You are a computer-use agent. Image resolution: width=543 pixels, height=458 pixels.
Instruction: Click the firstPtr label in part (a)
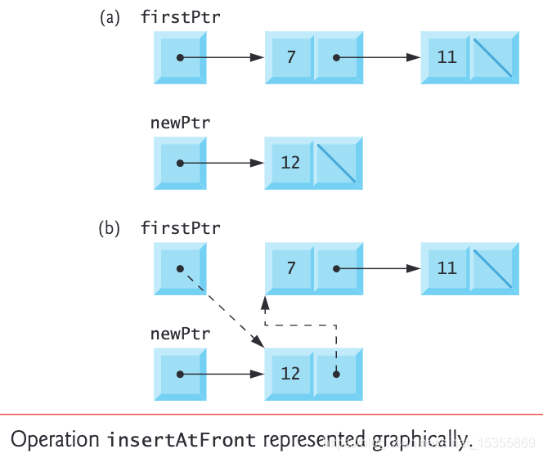(181, 17)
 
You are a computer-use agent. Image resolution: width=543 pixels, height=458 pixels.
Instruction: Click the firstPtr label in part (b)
(181, 228)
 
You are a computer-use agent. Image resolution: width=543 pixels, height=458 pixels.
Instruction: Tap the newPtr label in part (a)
(180, 123)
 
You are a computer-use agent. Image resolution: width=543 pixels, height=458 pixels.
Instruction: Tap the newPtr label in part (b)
(180, 334)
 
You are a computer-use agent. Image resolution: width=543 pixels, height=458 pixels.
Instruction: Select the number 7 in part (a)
(290, 58)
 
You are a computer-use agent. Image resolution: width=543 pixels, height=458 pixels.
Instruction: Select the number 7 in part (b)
(290, 268)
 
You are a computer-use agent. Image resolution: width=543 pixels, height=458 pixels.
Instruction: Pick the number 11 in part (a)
(447, 58)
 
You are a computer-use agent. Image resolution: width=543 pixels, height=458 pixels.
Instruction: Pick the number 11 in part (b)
(447, 268)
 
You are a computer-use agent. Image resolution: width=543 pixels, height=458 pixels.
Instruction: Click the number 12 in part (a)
(290, 163)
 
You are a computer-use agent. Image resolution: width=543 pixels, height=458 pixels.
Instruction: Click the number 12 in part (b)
(290, 374)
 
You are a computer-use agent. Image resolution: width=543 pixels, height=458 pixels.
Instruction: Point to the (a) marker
(110, 18)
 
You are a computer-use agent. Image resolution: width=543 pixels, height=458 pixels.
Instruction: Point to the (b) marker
(110, 229)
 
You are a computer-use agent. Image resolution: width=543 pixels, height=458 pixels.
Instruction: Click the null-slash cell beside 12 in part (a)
(338, 163)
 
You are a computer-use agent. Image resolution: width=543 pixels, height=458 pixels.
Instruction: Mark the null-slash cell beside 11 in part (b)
(493, 268)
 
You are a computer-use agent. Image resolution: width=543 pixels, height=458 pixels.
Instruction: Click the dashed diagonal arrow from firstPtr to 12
(221, 310)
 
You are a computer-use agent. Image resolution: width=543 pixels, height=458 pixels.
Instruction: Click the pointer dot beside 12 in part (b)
(336, 374)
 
